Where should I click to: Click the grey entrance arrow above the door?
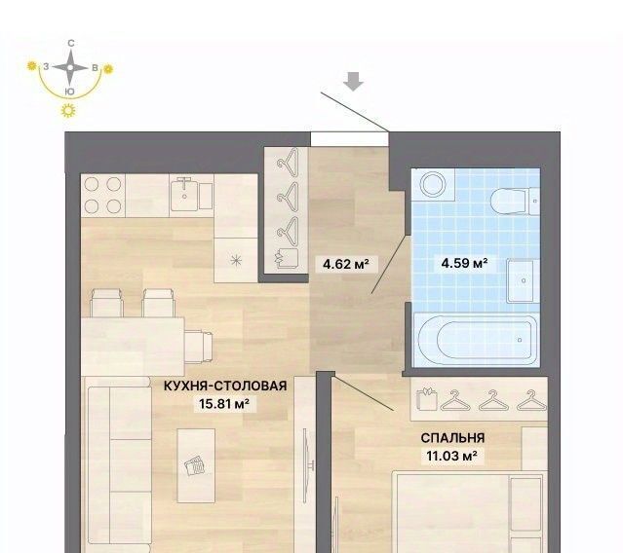353,82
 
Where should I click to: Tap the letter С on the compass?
71,43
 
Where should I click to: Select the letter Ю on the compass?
69,92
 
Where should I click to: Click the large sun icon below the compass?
68,110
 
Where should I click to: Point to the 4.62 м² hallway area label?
345,264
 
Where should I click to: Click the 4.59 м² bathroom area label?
464,263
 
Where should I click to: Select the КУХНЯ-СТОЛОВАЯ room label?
225,386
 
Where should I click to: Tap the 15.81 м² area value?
224,404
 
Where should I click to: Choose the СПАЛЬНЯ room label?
452,438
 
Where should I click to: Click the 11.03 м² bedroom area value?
451,456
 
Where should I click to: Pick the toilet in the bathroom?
514,202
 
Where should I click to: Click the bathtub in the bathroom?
477,339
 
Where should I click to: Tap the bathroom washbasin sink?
523,280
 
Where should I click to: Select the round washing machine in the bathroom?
433,185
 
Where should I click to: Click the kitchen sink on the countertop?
183,194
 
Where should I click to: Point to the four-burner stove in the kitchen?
103,195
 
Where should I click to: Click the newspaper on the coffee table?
196,465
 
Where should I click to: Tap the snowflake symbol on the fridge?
236,260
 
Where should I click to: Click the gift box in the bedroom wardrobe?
427,398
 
